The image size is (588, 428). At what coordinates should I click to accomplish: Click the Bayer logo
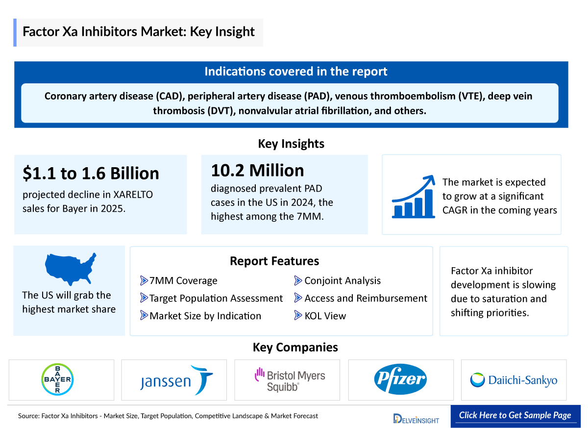click(x=57, y=379)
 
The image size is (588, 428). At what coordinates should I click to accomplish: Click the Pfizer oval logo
click(x=400, y=380)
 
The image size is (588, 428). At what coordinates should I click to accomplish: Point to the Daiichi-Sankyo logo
click(x=514, y=380)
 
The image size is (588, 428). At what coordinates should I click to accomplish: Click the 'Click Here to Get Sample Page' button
click(x=515, y=415)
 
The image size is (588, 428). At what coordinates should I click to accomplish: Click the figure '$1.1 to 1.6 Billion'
click(x=91, y=173)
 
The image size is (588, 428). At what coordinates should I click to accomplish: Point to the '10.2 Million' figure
click(x=257, y=170)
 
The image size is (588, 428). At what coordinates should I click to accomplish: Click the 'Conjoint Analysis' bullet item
click(x=342, y=281)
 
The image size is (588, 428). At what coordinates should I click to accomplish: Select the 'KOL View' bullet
click(x=325, y=316)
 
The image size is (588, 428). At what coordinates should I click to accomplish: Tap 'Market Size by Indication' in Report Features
click(x=205, y=316)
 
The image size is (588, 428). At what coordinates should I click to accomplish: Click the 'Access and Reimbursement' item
click(x=366, y=299)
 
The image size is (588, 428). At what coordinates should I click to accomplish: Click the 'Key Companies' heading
click(x=295, y=348)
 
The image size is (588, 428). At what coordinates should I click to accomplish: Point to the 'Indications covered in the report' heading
click(x=295, y=72)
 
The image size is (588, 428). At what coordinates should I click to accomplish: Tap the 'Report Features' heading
click(x=274, y=261)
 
